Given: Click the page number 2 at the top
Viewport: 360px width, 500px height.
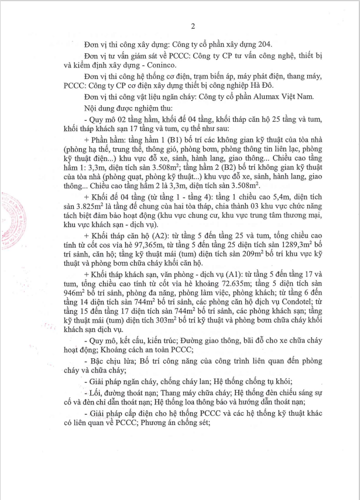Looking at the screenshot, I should pos(192,25).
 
